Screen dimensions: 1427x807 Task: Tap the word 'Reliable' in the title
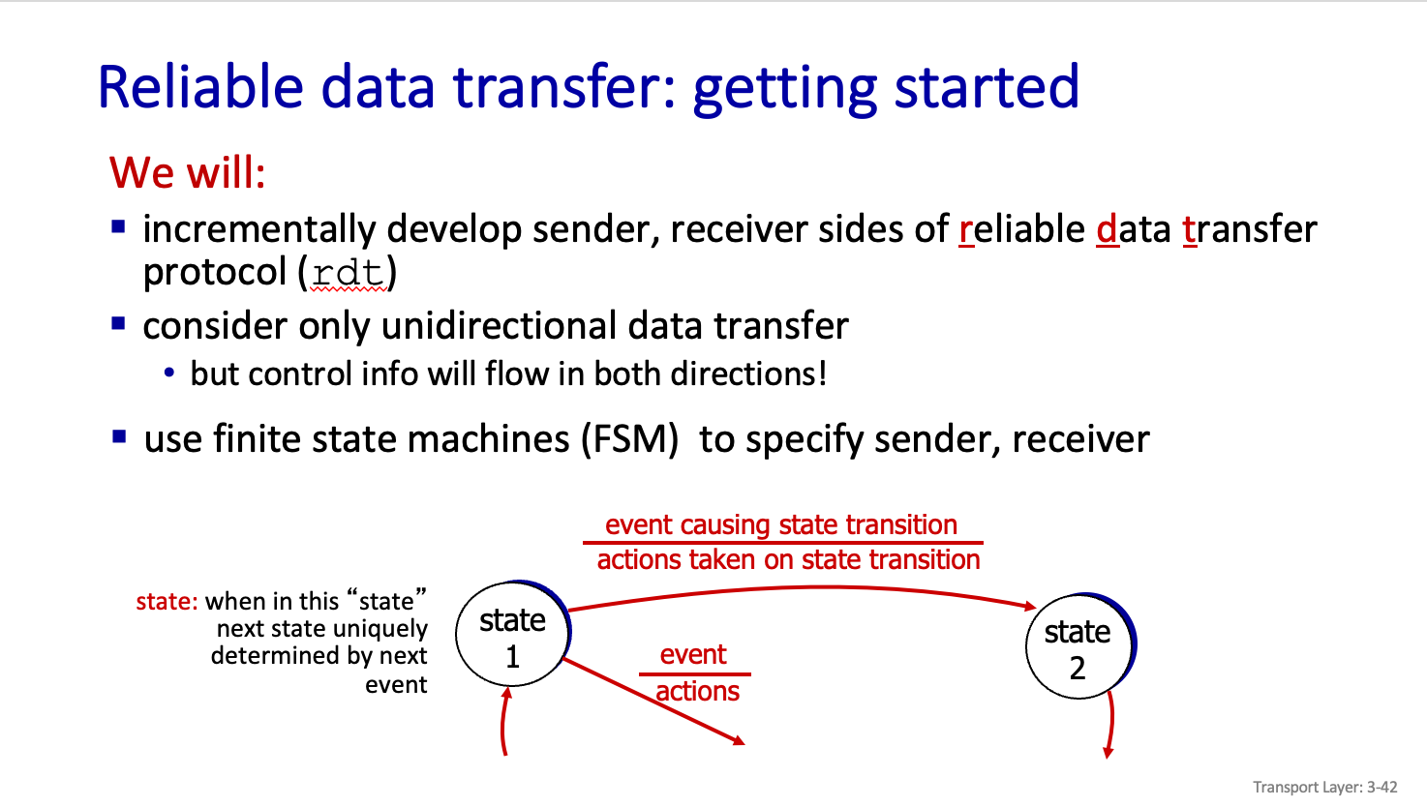click(200, 87)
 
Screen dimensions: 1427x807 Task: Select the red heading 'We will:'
click(187, 172)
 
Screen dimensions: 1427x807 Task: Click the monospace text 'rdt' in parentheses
click(348, 273)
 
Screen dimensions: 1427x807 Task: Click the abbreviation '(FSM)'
click(629, 439)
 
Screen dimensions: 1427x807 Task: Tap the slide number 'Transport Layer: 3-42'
click(1325, 788)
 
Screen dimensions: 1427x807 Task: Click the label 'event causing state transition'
click(781, 524)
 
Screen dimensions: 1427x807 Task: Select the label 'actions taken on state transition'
click(788, 560)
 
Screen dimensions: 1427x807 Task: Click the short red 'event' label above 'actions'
click(693, 654)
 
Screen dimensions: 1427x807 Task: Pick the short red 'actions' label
click(698, 691)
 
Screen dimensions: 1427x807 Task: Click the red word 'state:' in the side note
click(167, 601)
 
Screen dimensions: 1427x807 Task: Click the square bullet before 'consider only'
click(118, 323)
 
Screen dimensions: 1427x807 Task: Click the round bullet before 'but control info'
click(168, 372)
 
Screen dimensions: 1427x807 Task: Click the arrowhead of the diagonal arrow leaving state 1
click(739, 741)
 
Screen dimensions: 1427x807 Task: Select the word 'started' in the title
click(987, 87)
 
